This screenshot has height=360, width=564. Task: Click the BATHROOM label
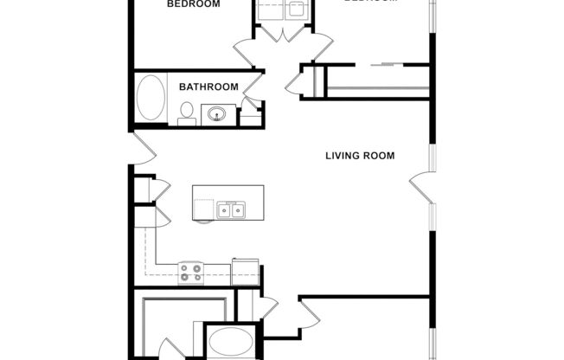208,87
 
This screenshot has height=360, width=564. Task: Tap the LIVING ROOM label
360,157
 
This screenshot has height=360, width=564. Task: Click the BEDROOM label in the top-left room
193,4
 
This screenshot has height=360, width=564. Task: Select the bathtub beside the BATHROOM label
152,100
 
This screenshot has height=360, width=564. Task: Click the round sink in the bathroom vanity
218,114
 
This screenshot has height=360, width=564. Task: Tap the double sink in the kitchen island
231,209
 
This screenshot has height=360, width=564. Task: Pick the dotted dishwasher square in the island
203,209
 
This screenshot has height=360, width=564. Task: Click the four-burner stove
190,273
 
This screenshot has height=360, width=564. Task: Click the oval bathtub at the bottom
228,342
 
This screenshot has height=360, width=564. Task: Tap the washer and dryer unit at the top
284,11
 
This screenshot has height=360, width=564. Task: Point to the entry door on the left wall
142,148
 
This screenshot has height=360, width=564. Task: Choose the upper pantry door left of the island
160,188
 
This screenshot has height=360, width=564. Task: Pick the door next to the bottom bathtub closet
266,307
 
